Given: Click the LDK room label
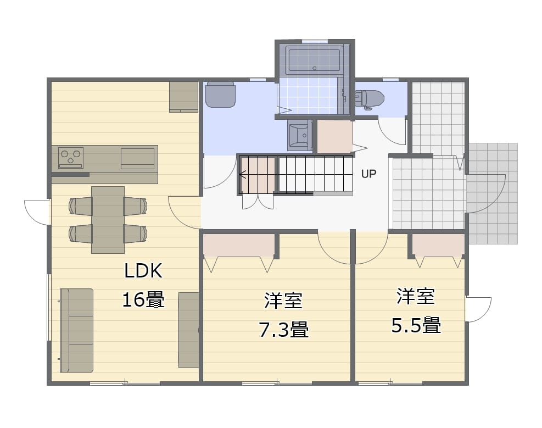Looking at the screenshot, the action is pyautogui.click(x=143, y=271).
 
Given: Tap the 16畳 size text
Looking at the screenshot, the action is pyautogui.click(x=143, y=299).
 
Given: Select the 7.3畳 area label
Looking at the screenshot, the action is pyautogui.click(x=283, y=329).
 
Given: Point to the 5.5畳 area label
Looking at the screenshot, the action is pyautogui.click(x=416, y=325).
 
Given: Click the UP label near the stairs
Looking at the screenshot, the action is pyautogui.click(x=368, y=174).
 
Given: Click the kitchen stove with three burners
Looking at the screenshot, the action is pyautogui.click(x=71, y=158).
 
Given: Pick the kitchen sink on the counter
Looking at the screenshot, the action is pyautogui.click(x=138, y=159).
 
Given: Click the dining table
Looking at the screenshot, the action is pyautogui.click(x=108, y=220).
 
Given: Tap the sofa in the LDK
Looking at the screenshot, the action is pyautogui.click(x=77, y=331).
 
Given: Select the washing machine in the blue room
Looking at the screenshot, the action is pyautogui.click(x=221, y=95).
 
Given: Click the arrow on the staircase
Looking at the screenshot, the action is pyautogui.click(x=243, y=175).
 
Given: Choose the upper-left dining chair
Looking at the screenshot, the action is pyautogui.click(x=81, y=207).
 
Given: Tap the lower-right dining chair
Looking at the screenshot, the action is pyautogui.click(x=136, y=234).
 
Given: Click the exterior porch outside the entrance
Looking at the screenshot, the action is pyautogui.click(x=492, y=193).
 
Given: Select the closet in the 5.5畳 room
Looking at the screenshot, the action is pyautogui.click(x=438, y=246).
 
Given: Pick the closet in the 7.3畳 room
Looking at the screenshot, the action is pyautogui.click(x=239, y=246).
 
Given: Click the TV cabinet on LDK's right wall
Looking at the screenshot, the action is pyautogui.click(x=189, y=330).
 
